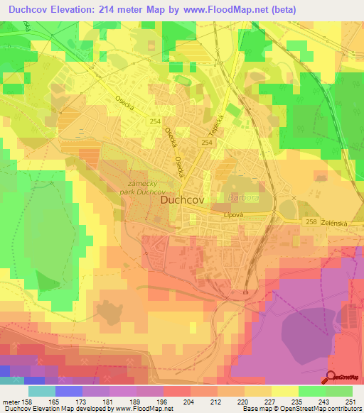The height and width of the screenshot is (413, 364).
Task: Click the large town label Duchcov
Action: coord(183,201)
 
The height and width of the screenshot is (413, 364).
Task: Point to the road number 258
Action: coord(310,222)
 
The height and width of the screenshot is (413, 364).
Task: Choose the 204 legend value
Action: coord(188,402)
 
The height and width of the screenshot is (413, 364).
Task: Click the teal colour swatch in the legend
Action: coord(41,391)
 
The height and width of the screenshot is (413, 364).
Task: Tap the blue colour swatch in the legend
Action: coord(68,391)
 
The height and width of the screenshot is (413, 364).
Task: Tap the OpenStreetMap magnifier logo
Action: coord(333,378)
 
